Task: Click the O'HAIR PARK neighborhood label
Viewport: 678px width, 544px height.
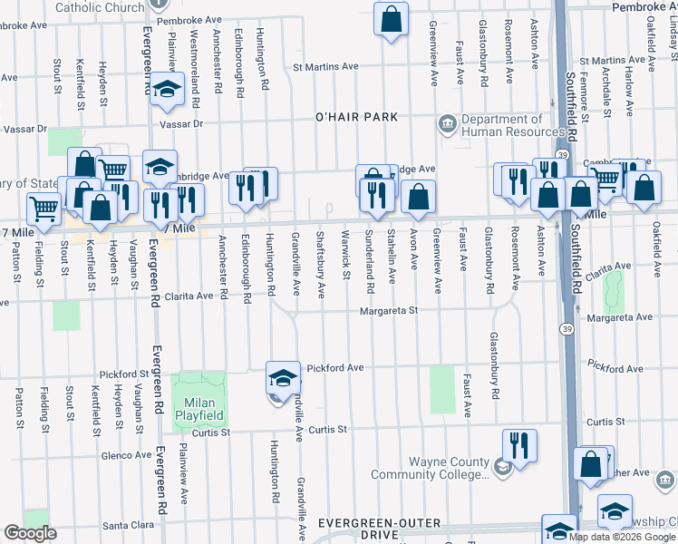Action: (x=356, y=118)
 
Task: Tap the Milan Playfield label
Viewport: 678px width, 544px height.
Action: (x=199, y=408)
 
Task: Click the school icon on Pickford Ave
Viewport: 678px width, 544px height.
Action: (x=283, y=376)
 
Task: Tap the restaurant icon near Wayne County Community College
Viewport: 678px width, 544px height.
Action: (x=519, y=444)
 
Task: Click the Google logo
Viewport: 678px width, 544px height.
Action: (x=30, y=533)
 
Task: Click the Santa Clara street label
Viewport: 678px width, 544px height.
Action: (x=131, y=525)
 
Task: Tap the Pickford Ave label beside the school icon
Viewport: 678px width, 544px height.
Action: (x=334, y=367)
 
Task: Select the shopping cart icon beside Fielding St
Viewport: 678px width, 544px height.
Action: (x=44, y=209)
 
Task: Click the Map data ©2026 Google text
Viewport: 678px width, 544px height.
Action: (x=622, y=537)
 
